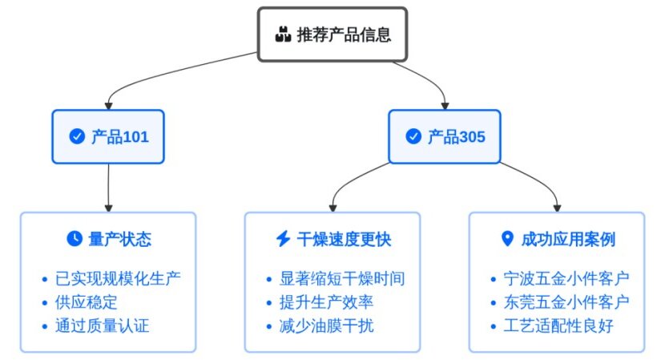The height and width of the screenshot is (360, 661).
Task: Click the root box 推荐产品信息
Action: point(332,34)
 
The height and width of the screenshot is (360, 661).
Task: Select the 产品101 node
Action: point(108,136)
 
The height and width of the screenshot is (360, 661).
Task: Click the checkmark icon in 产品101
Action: point(78,137)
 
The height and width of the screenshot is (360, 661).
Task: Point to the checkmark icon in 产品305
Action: point(413,137)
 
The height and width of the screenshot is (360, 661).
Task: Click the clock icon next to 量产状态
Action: point(74,239)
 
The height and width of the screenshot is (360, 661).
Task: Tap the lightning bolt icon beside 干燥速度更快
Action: point(283,239)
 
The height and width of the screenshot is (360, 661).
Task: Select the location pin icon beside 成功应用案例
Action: point(506,239)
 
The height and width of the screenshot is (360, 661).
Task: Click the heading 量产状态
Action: point(119,239)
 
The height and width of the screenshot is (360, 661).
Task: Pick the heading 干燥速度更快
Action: point(344,239)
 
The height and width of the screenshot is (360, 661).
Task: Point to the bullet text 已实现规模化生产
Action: point(118,279)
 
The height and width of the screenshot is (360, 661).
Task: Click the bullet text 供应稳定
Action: point(87,302)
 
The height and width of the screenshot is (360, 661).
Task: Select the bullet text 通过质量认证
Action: point(102,326)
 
